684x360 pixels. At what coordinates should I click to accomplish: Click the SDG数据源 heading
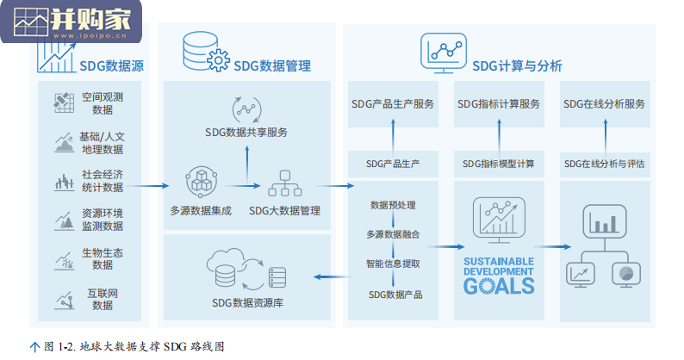(111, 66)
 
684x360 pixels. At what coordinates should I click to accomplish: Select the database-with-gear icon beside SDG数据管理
(206, 52)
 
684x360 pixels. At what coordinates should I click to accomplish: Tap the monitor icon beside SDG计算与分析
(443, 53)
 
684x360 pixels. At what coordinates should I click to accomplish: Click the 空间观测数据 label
(103, 103)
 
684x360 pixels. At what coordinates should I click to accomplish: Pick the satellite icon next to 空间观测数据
(64, 103)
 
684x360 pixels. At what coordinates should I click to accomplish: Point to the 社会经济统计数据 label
(103, 181)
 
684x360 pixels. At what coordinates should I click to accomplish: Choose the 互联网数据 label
(103, 300)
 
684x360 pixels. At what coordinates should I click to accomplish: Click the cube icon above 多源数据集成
(201, 182)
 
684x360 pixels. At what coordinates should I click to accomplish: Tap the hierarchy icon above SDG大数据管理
(285, 183)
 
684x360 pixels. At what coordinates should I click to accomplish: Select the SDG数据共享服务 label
(246, 133)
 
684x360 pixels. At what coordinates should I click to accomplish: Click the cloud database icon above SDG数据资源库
(246, 270)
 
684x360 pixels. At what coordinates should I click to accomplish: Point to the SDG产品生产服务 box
(393, 104)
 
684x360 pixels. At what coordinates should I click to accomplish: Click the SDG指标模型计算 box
(499, 164)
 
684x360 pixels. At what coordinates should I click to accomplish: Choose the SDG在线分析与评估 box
(605, 164)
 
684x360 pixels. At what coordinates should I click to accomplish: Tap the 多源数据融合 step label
(393, 234)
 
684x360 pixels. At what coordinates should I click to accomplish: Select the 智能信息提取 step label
(393, 264)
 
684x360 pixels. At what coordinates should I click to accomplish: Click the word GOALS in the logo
(499, 286)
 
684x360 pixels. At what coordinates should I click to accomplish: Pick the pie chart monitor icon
(626, 275)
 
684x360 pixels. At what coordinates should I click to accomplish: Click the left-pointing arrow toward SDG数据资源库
(333, 276)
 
